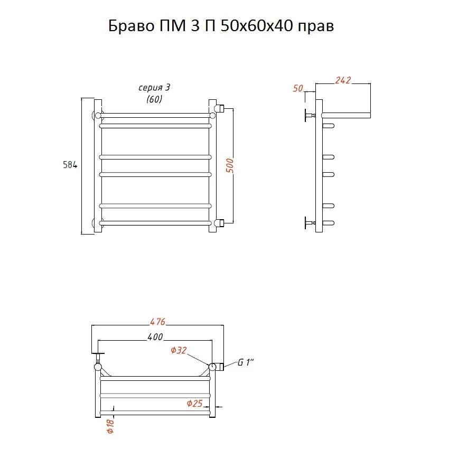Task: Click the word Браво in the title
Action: [132, 26]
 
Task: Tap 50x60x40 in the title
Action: [257, 26]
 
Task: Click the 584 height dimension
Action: [70, 165]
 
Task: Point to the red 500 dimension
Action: [230, 166]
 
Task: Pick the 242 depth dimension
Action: [343, 80]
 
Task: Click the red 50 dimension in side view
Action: [298, 88]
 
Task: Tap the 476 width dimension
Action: [158, 322]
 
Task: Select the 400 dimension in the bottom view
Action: [155, 337]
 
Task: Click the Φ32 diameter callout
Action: [179, 350]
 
